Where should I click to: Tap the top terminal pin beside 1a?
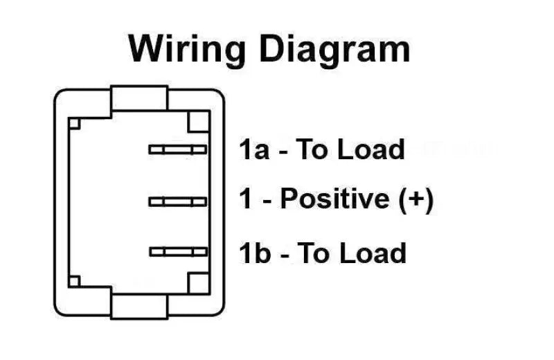[177, 150]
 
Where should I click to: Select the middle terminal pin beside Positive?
[177, 201]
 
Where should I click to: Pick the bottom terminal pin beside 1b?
[177, 252]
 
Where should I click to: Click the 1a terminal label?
[254, 150]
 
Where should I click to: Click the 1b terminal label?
[254, 253]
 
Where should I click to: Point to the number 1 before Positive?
[245, 200]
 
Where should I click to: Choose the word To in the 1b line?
[313, 253]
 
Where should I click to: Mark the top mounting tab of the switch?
[139, 98]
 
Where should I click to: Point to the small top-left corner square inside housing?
[75, 123]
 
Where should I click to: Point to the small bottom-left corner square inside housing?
[75, 280]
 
